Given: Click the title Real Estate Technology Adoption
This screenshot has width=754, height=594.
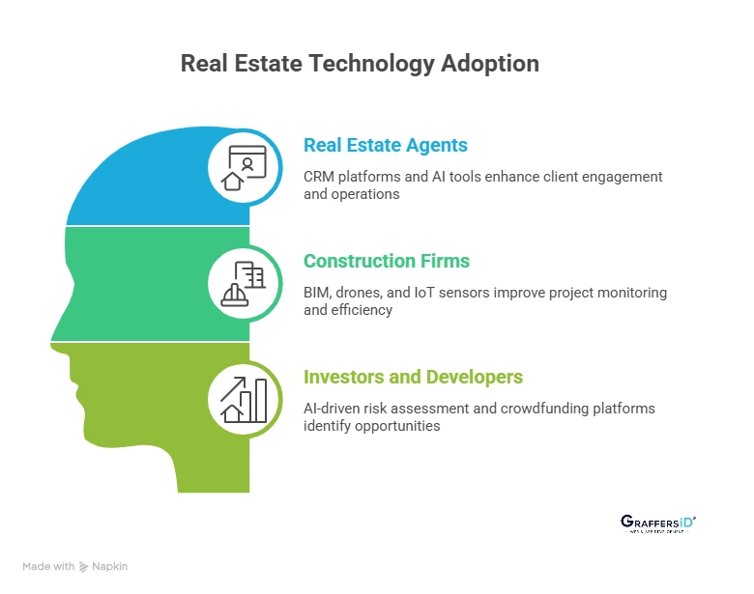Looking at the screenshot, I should pos(360,64).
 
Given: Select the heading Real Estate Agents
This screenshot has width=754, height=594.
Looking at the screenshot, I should pos(385,146).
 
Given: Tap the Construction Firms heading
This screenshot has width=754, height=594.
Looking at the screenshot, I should pos(387,261).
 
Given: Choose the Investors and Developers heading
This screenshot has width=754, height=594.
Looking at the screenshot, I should pos(413,377).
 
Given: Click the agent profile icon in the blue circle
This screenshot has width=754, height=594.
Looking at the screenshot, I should pos(245,166).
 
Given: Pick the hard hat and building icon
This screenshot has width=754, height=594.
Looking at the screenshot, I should pos(245,283).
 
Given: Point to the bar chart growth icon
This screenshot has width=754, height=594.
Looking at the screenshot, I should pos(245,399).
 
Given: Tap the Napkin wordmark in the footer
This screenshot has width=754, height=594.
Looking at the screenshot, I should pos(111,567).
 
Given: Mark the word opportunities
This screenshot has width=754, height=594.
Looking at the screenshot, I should pos(398,426).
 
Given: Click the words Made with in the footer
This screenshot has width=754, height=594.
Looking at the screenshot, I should pos(48,567).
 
